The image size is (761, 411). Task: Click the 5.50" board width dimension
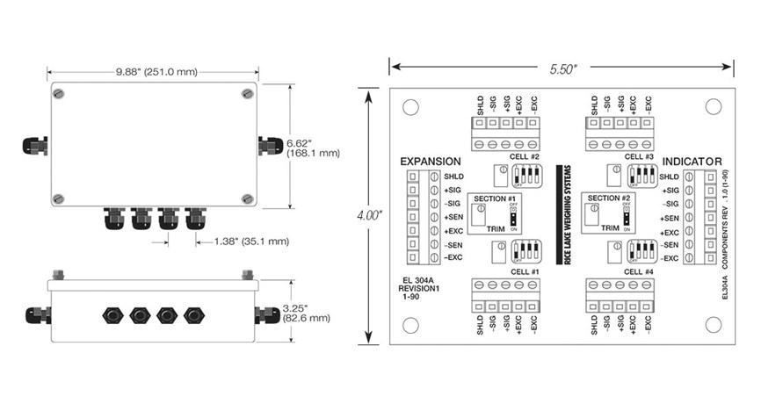click(x=562, y=65)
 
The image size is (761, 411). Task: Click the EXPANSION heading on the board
click(x=430, y=162)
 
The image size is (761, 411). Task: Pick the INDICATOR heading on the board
click(x=692, y=162)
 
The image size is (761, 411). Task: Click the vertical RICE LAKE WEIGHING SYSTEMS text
click(x=562, y=213)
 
